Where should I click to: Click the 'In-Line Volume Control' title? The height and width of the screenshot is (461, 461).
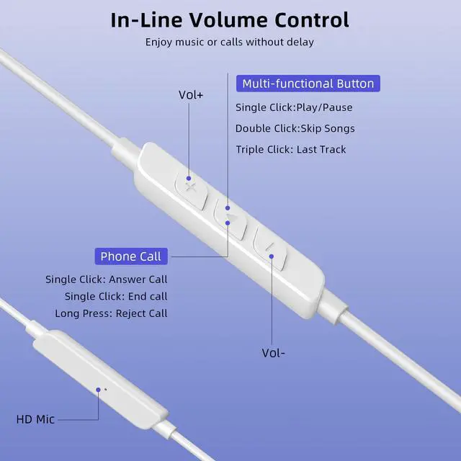230,20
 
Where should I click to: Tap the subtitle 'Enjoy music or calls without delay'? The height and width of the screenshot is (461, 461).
230,42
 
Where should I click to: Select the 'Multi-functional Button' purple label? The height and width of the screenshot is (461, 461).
308,84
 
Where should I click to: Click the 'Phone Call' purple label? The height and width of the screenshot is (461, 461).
131,256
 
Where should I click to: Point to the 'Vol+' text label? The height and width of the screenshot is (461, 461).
191,95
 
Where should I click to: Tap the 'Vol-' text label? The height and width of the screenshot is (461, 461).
274,353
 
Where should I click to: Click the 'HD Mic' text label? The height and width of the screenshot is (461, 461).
35,419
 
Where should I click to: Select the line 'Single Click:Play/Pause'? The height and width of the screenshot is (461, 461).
294,107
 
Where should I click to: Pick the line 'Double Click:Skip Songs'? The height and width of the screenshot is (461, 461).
295,128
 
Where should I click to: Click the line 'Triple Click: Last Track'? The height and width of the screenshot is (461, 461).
291,150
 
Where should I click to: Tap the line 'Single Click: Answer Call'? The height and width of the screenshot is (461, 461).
107,279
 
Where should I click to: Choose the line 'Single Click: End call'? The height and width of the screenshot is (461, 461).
116,296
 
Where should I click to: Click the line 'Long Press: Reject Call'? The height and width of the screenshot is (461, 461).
112,313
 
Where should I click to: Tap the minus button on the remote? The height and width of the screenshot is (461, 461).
270,248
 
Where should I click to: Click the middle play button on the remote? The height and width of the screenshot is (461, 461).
230,218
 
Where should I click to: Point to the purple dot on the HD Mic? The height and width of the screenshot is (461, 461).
98,390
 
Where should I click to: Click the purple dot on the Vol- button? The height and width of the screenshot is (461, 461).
272,256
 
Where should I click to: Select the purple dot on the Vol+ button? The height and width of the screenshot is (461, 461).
189,179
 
